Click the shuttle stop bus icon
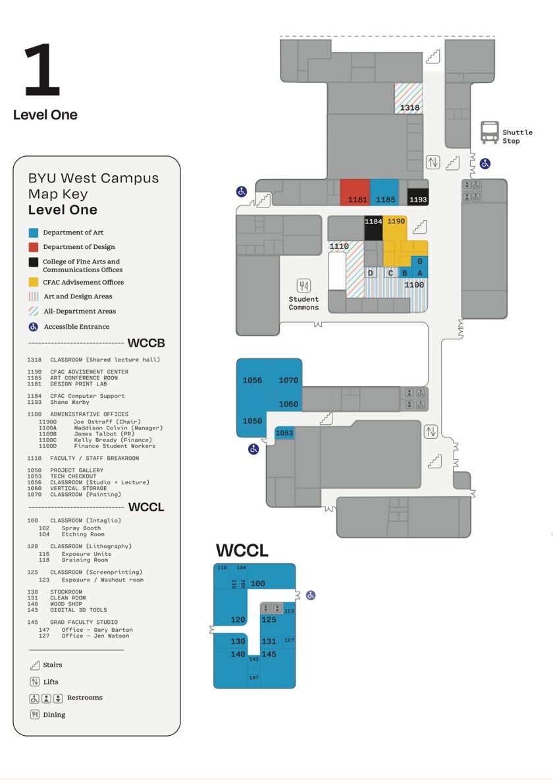(x=489, y=132)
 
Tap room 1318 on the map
(x=409, y=107)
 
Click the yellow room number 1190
(x=396, y=221)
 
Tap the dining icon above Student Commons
(x=303, y=285)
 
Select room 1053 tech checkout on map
(x=284, y=433)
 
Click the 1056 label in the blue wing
(x=252, y=380)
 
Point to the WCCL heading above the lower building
(x=242, y=551)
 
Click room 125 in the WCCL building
(x=269, y=619)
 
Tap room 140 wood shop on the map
(x=238, y=654)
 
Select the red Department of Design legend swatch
(x=34, y=247)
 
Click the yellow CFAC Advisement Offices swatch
(x=34, y=282)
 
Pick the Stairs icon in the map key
(x=34, y=665)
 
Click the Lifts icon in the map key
(x=34, y=682)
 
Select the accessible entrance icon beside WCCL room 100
(x=311, y=595)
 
